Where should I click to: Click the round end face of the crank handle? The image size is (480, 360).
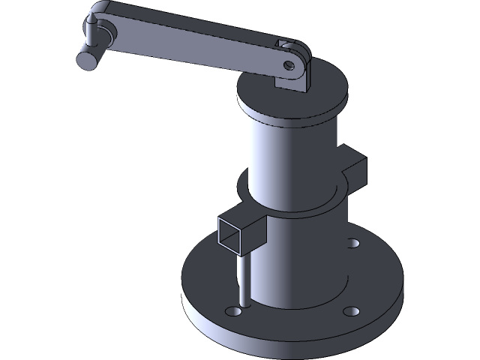tap(86, 58)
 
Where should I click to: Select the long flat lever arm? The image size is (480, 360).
tap(195, 46)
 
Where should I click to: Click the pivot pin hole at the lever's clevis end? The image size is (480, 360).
tap(289, 64)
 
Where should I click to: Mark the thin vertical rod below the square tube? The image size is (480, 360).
tap(242, 277)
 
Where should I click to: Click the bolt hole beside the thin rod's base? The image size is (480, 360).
tap(229, 310)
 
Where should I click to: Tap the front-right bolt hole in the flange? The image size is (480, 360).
tap(349, 310)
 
